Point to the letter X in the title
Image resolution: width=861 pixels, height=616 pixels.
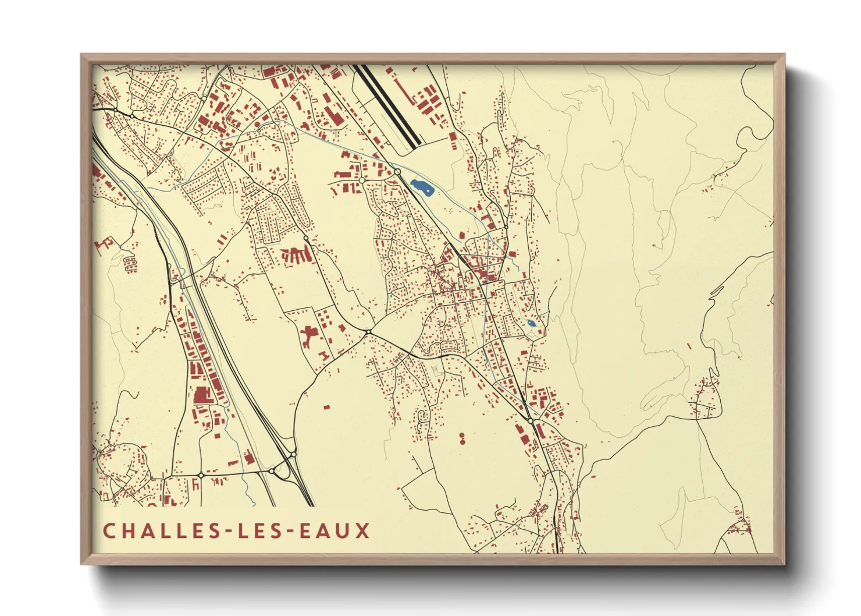coord(363,531)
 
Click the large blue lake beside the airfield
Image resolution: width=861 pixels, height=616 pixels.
coord(421,187)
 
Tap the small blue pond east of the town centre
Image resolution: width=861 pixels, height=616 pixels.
coord(531,323)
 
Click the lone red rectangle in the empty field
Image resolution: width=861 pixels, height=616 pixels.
coord(326,406)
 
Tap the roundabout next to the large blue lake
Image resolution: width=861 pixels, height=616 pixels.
coord(397,172)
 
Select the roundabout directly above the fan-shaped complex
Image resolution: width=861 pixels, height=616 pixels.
coord(306,238)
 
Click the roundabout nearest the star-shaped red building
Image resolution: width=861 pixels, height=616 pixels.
coord(368,332)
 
